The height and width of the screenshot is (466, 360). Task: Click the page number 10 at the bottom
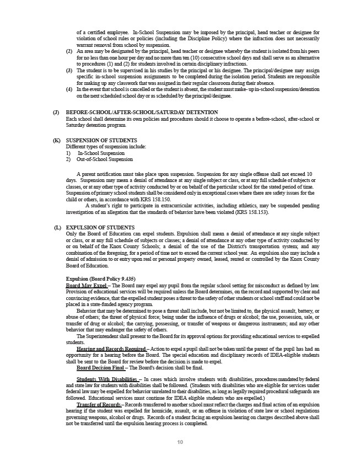coord(180,443)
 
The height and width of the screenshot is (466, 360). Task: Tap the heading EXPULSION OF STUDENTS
coord(100,227)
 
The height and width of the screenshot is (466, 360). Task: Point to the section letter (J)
coord(56,112)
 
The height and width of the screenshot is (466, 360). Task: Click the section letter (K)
coord(56,141)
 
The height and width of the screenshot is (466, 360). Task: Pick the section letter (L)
coord(56,227)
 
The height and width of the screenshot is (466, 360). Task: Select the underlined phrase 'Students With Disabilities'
coord(108,379)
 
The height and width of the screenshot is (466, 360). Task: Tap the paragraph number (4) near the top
coord(69,89)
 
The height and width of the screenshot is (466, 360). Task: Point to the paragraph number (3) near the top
coord(69,70)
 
